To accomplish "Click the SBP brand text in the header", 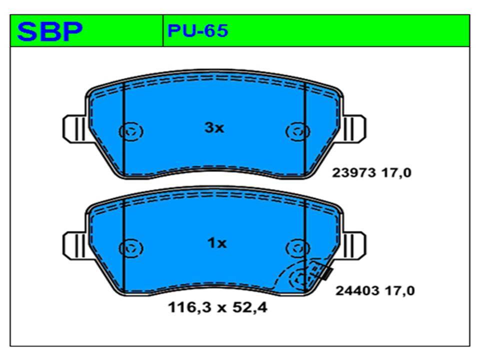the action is point(50,31).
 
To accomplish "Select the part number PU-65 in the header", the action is point(198,30).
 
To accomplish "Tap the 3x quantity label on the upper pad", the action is point(214,128).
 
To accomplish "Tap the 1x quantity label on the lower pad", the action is point(217,243).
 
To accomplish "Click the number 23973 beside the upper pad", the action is point(354,173).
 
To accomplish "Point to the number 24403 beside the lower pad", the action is point(357,290).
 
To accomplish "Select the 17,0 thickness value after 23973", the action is point(396,173).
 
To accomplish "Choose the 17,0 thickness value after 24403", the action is point(400,290).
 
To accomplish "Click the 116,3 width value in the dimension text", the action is point(190,307).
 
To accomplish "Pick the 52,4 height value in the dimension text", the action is point(250,307).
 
